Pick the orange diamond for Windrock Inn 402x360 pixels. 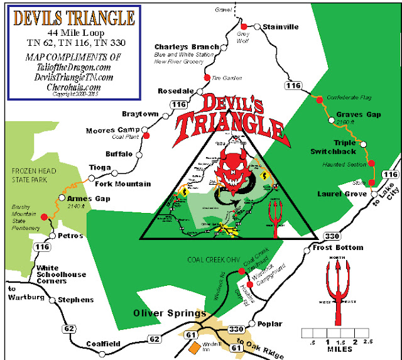pos(195,346)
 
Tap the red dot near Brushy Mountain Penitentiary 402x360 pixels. pos(43,217)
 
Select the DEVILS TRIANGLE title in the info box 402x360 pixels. pos(68,16)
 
